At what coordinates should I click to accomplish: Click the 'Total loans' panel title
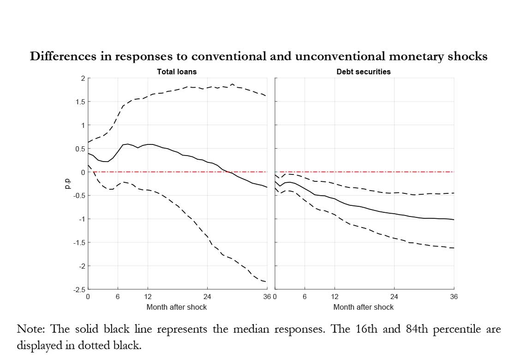177,72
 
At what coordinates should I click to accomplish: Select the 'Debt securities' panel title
364,72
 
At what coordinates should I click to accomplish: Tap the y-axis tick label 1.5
79,102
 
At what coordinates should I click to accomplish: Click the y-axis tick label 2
83,78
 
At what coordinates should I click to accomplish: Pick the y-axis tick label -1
81,219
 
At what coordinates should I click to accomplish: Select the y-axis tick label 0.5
79,149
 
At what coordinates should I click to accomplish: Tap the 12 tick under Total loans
148,297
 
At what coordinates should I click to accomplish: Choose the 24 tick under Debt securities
394,297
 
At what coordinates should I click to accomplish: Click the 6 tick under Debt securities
305,297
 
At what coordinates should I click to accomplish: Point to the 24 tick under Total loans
207,297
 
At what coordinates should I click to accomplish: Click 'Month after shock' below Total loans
177,307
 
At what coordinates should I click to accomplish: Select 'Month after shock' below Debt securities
364,307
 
